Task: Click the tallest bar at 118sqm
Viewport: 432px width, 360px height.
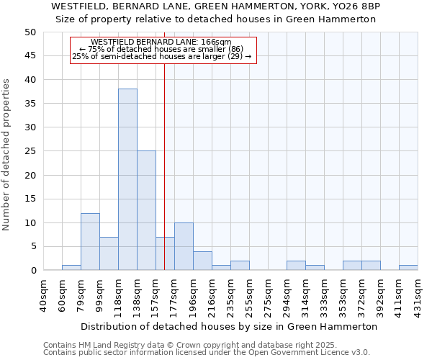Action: (x=127, y=180)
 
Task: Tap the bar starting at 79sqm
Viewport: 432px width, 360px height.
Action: (x=90, y=242)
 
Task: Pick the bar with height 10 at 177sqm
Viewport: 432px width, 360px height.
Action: (x=184, y=246)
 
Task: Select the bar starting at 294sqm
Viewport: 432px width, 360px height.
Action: (x=296, y=266)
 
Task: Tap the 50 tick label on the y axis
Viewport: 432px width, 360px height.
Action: (x=30, y=32)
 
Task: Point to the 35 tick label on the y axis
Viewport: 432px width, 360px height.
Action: (x=30, y=104)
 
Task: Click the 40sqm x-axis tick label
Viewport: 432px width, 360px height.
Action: (x=44, y=294)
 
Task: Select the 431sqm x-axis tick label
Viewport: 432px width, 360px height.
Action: (x=418, y=294)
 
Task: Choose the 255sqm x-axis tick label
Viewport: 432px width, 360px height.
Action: (x=250, y=294)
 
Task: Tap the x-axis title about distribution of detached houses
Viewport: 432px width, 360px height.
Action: (x=229, y=326)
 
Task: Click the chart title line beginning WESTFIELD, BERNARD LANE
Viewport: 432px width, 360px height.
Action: (x=216, y=6)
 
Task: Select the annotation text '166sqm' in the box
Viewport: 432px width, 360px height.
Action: (x=216, y=42)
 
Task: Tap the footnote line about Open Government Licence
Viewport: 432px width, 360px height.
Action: (x=207, y=352)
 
